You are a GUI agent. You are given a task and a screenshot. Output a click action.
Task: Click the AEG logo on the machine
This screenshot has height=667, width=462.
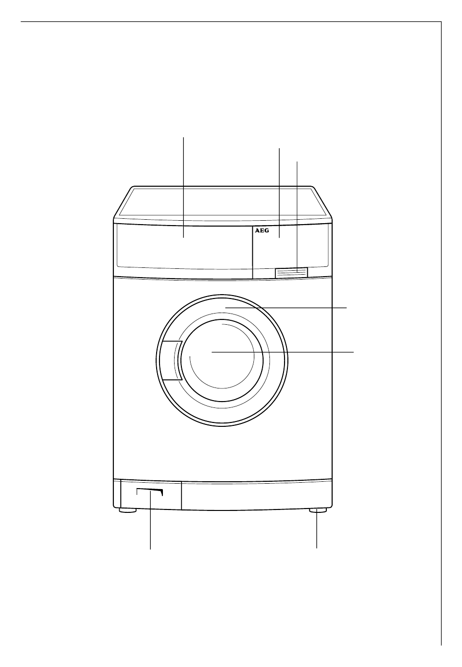pyautogui.click(x=262, y=231)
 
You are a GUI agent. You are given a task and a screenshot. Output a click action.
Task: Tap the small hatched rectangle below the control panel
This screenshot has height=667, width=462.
pyautogui.click(x=291, y=272)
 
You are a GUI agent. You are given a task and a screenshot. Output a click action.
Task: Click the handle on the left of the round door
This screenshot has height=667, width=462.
pyautogui.click(x=171, y=360)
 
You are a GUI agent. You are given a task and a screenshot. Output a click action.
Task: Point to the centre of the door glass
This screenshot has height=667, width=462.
pyautogui.click(x=222, y=361)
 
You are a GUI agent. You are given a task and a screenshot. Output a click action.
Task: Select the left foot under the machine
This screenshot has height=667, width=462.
pyautogui.click(x=127, y=510)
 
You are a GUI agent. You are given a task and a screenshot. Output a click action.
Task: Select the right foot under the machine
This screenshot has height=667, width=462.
pyautogui.click(x=318, y=510)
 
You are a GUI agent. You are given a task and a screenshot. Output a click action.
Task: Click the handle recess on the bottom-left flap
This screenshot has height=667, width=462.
pyautogui.click(x=150, y=492)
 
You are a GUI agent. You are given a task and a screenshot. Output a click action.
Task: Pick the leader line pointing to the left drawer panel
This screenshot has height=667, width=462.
pyautogui.click(x=183, y=187)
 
